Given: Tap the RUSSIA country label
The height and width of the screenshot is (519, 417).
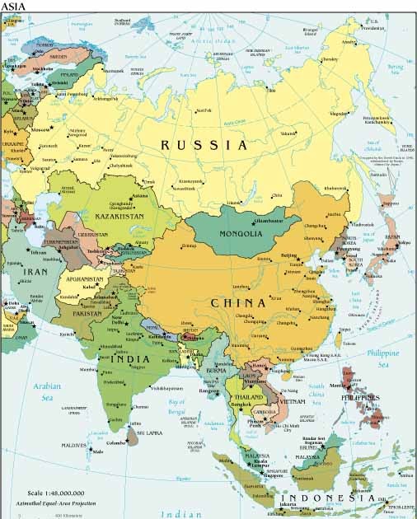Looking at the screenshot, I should [x=204, y=145].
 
